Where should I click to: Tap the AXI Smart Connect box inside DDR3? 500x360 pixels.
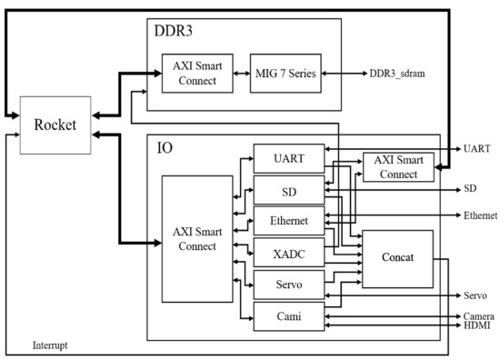click(195, 73)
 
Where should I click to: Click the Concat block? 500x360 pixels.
click(397, 258)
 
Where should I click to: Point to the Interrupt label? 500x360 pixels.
click(50, 346)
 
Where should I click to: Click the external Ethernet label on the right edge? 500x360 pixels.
click(480, 215)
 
